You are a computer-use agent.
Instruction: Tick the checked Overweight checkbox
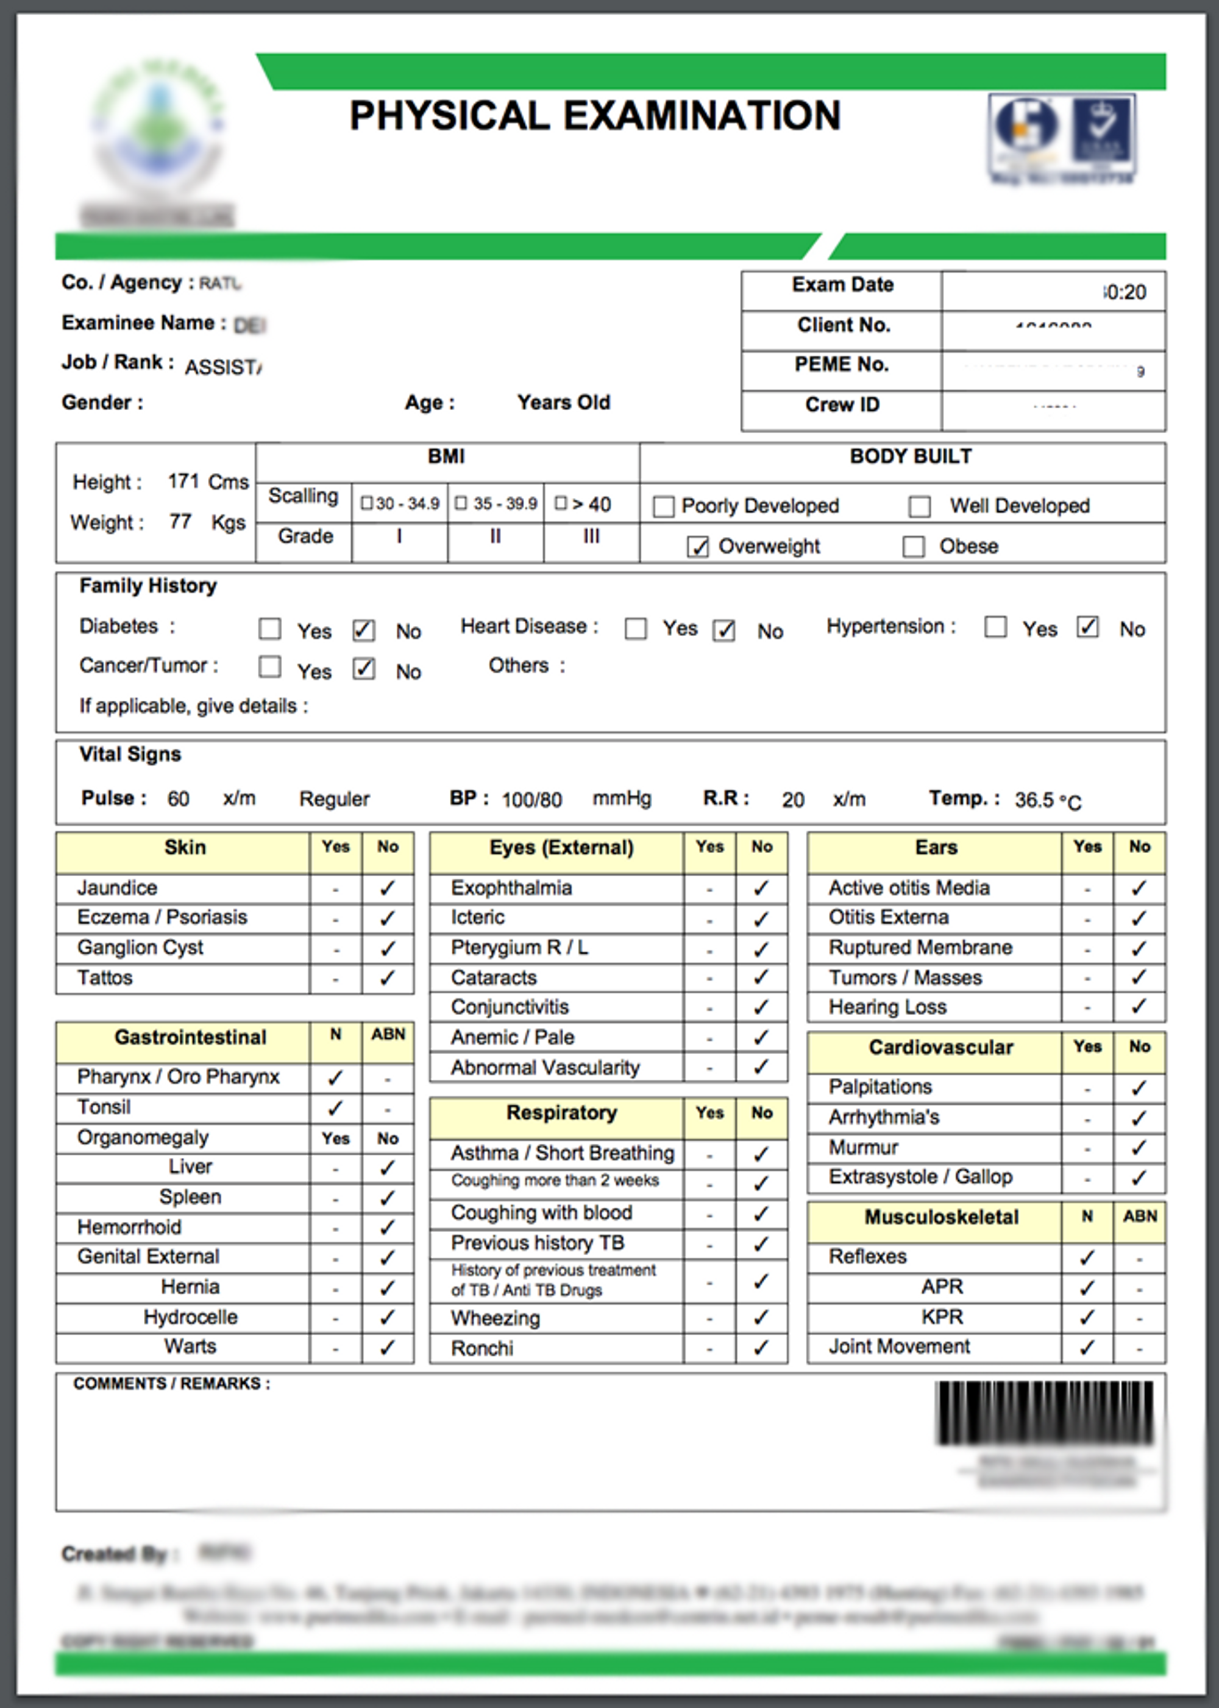pos(697,547)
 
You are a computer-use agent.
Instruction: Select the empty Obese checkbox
pos(913,547)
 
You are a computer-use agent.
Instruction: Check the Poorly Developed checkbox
pos(664,506)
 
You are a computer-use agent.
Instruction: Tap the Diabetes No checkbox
pos(363,629)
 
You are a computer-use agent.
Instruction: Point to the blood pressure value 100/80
pos(531,800)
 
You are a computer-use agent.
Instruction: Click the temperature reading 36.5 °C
pos(1048,801)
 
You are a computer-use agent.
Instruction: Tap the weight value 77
pos(180,522)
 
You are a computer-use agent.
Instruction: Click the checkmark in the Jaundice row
pos(387,888)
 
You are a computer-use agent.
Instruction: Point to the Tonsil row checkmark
pos(335,1108)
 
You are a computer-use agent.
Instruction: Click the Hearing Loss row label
pos(887,1007)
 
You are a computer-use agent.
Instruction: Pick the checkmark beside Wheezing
pos(761,1318)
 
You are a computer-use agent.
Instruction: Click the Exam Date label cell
pos(842,285)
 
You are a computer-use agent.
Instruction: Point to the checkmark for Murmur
pos(1139,1147)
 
